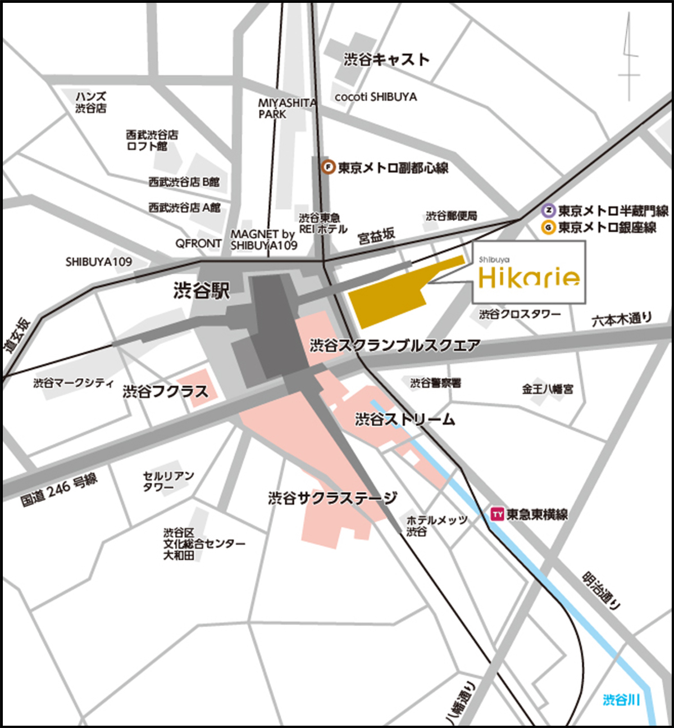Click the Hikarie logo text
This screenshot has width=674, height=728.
(529, 277)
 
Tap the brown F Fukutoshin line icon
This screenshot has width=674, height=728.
(328, 167)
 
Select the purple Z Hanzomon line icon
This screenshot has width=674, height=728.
(549, 211)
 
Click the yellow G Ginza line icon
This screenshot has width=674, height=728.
(549, 228)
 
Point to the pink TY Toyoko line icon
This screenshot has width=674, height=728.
(497, 514)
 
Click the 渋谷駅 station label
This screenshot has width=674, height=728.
(202, 291)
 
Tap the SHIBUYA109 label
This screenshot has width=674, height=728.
(99, 261)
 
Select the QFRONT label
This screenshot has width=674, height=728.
(198, 243)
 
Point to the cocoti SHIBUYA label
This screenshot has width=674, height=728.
(376, 97)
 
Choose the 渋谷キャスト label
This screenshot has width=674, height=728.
(386, 60)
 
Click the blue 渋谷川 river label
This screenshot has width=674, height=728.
(621, 700)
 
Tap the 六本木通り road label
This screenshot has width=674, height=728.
(622, 319)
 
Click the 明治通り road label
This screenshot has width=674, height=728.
(602, 591)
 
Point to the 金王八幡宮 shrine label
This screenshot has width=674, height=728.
(548, 388)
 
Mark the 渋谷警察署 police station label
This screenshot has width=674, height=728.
(435, 383)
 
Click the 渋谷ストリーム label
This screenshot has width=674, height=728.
(405, 419)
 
